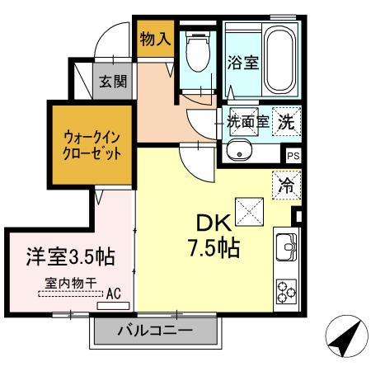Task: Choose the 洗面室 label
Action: click(x=248, y=121)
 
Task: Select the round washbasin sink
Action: click(x=239, y=151)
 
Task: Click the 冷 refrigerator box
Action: click(x=286, y=185)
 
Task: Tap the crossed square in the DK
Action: click(x=247, y=211)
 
